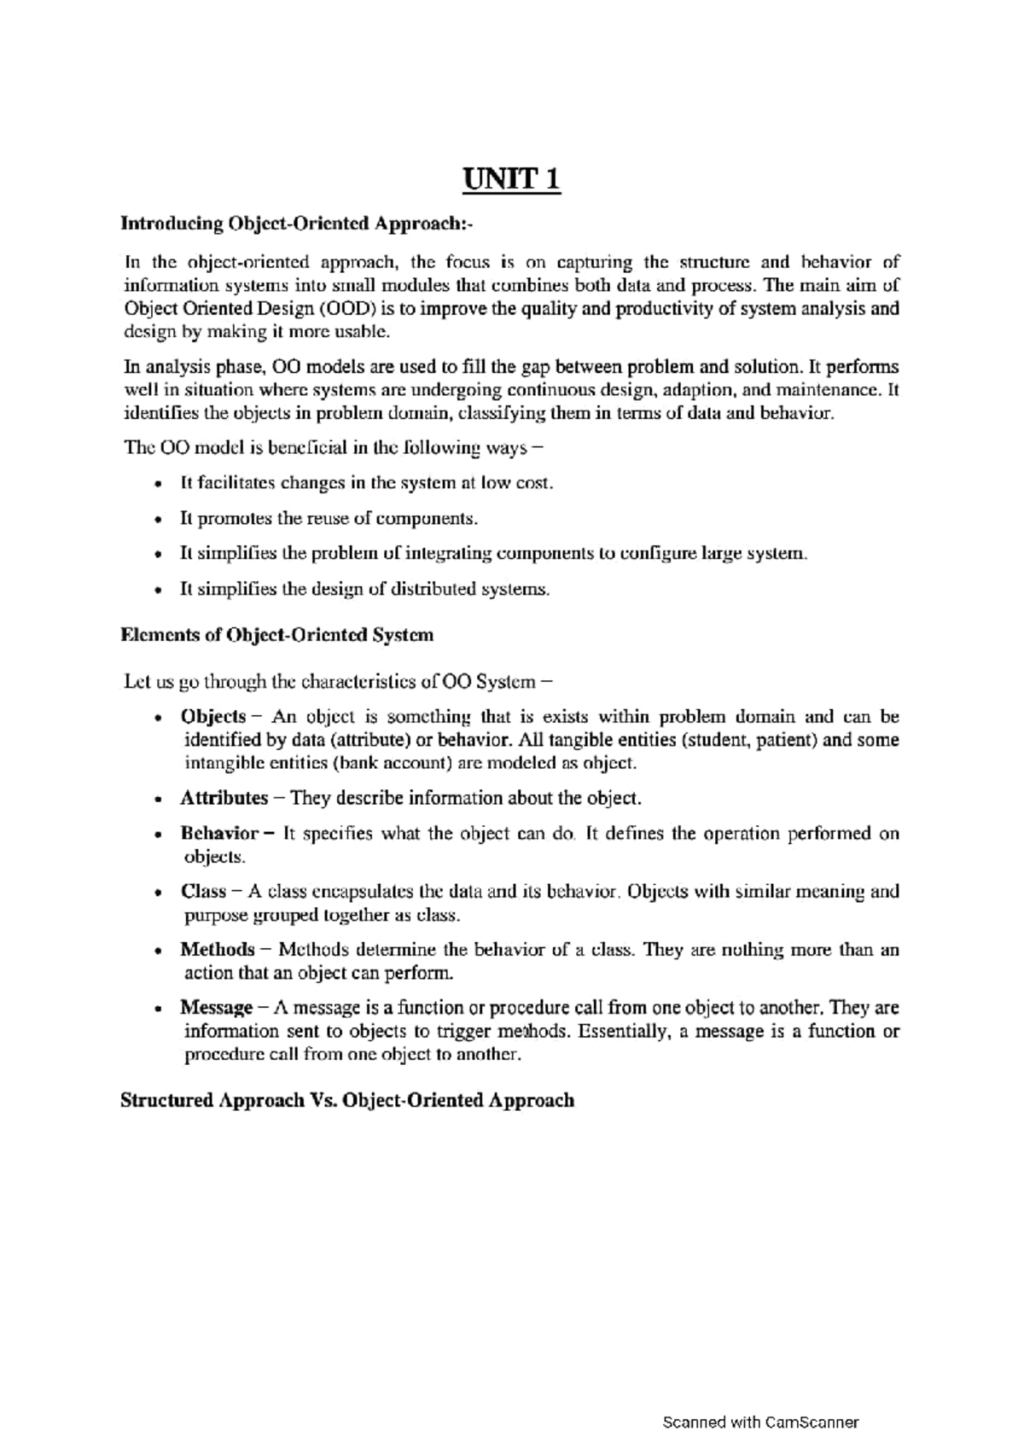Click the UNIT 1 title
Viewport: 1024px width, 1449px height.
tap(512, 180)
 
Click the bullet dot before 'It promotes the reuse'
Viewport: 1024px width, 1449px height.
tap(158, 520)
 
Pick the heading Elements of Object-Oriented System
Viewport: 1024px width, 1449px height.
tap(277, 635)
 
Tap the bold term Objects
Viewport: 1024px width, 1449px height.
tap(212, 716)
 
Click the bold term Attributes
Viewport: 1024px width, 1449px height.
tap(224, 798)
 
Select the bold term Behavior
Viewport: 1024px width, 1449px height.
tap(218, 833)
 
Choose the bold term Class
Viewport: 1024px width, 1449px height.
tap(202, 892)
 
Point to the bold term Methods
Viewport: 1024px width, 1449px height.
tap(217, 950)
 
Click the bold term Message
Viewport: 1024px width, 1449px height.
tap(216, 1008)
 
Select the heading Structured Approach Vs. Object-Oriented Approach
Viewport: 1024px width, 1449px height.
tap(347, 1100)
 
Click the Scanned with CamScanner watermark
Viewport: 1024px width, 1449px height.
tap(760, 1422)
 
